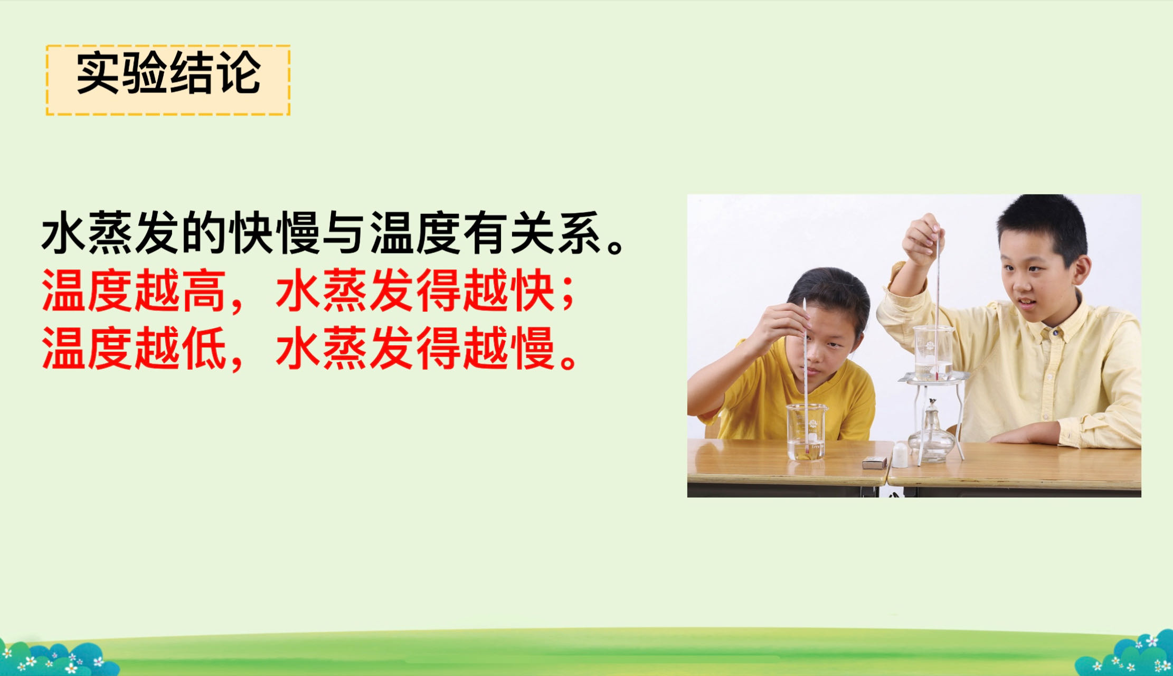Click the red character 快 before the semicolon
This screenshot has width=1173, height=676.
point(533,291)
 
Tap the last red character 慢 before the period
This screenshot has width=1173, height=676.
point(533,348)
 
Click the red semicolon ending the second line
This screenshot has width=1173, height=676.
point(568,296)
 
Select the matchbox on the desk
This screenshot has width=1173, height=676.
point(875,463)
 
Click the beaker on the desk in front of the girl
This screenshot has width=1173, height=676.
point(806,431)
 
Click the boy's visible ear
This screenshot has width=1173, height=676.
point(1080,270)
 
